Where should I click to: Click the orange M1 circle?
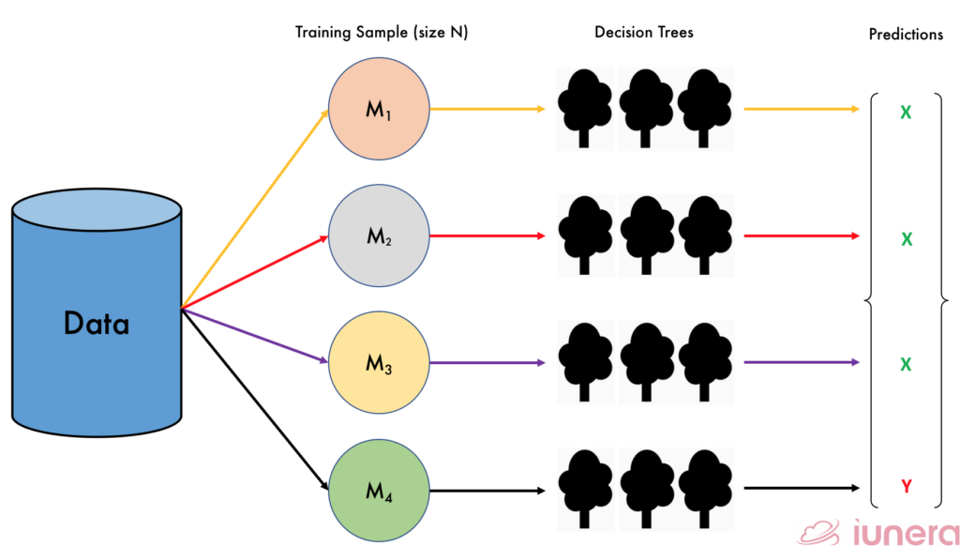click(x=379, y=110)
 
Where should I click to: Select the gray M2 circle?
click(x=379, y=236)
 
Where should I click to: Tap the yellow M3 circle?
click(x=379, y=363)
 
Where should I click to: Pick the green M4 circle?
click(x=379, y=490)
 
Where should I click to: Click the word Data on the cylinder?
click(x=97, y=324)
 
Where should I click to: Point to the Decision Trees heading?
click(x=643, y=32)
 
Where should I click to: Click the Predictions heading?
click(x=906, y=34)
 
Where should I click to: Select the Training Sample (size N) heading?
click(x=382, y=32)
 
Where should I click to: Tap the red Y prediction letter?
click(x=906, y=486)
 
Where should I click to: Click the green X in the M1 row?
click(x=906, y=113)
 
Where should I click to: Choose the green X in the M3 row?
click(x=906, y=364)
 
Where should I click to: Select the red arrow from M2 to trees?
click(x=487, y=236)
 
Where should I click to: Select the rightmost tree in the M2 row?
click(x=703, y=235)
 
